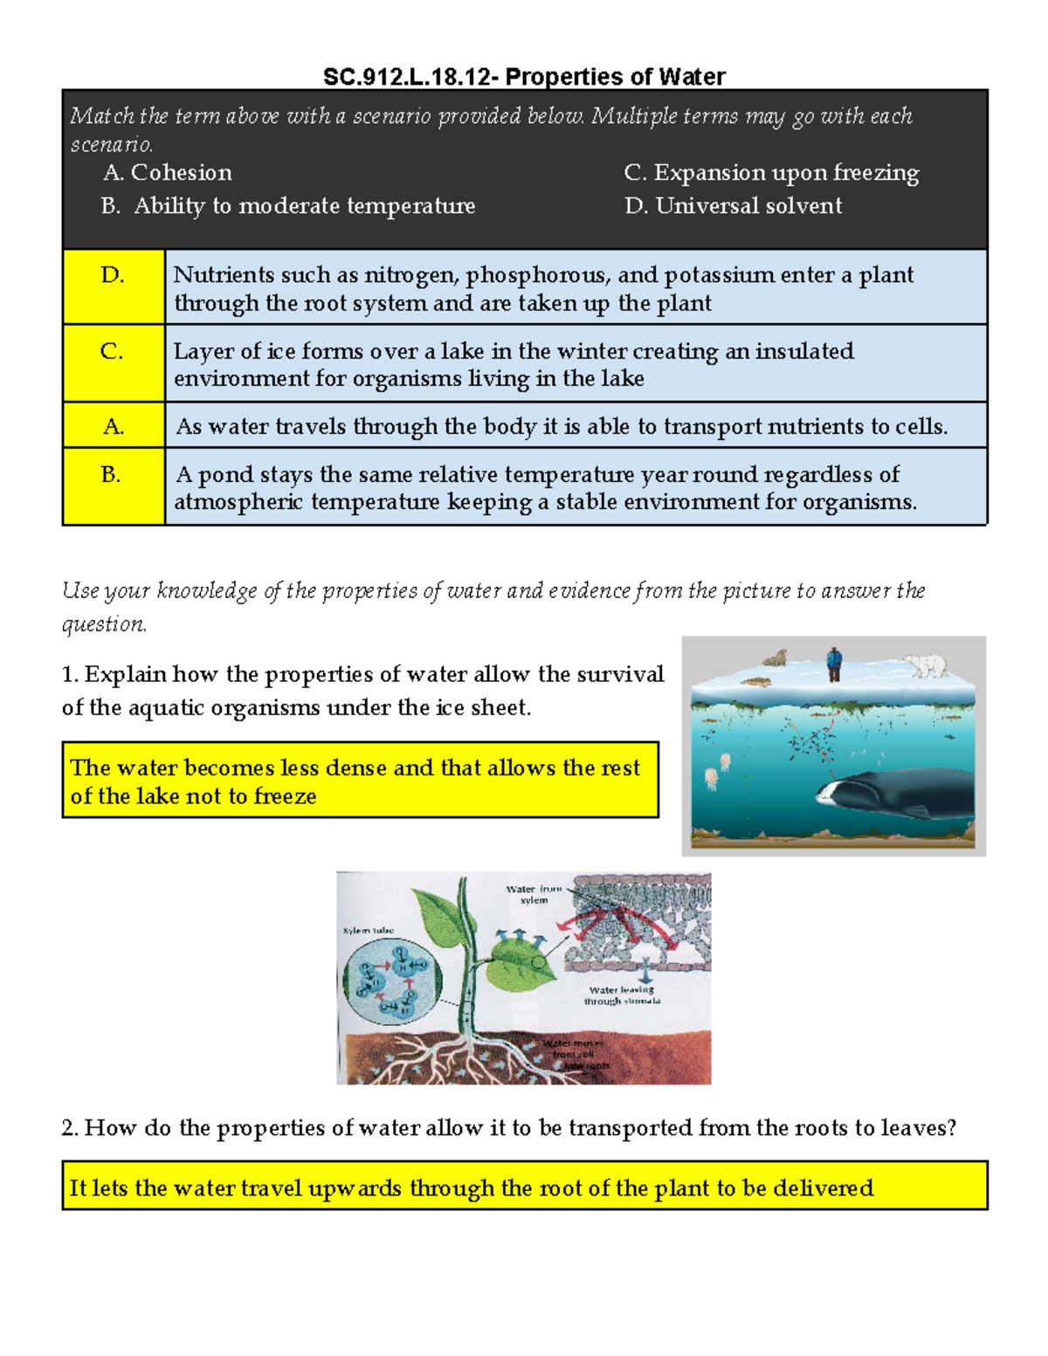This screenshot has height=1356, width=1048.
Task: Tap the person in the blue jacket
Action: (x=834, y=664)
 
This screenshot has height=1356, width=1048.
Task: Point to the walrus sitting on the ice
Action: (x=776, y=658)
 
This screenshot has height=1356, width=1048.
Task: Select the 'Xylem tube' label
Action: (x=369, y=931)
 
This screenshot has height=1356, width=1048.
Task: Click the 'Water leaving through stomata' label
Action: (x=622, y=995)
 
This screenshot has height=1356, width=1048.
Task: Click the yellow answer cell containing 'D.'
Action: (x=114, y=286)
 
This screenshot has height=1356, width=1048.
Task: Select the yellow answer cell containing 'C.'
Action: (x=114, y=362)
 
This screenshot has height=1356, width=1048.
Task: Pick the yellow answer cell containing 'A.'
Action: (x=114, y=425)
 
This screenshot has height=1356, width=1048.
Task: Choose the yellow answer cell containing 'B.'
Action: (x=114, y=485)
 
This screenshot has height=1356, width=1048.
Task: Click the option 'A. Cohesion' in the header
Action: (x=168, y=173)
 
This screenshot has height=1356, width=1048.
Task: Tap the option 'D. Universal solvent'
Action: (x=733, y=206)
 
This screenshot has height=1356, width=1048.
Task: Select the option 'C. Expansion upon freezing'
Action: (x=771, y=173)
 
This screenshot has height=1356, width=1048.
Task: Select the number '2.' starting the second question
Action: (x=70, y=1128)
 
